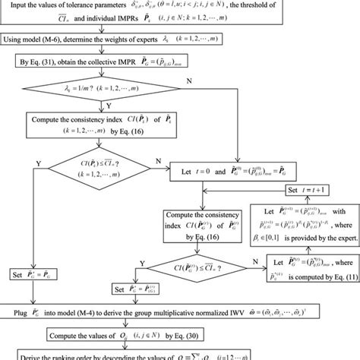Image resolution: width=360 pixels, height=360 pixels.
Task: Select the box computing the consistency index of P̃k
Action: point(94,125)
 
